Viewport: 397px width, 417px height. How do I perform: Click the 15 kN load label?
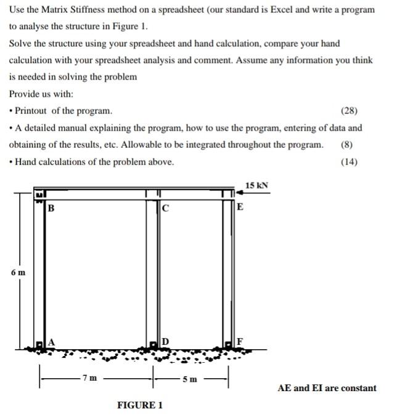[x=256, y=185]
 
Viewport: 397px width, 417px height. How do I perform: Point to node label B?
[x=51, y=208]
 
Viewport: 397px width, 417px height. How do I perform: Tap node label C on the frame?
[x=165, y=208]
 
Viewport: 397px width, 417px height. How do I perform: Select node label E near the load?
[x=240, y=206]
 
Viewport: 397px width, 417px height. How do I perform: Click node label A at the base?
[x=51, y=341]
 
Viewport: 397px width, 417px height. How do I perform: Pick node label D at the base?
[x=165, y=342]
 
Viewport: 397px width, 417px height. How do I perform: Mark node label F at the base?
[x=240, y=342]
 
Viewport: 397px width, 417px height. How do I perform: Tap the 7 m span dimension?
[x=90, y=377]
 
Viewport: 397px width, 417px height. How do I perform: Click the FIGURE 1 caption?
[x=140, y=405]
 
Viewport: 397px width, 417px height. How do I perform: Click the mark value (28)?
[x=349, y=111]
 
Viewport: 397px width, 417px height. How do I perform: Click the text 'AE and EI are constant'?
[x=327, y=388]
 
